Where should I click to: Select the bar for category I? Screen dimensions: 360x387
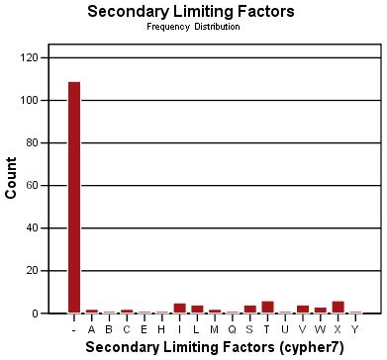(x=180, y=309)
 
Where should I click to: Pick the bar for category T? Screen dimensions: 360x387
(x=267, y=308)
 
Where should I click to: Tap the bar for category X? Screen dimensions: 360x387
(x=338, y=308)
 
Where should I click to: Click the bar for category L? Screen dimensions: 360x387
(x=197, y=310)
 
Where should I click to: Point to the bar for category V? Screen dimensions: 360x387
(x=303, y=310)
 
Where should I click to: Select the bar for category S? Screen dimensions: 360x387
(x=250, y=310)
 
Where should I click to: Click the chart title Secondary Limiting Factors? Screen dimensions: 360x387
(x=192, y=12)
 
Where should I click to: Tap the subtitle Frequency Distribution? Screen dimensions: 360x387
(x=192, y=27)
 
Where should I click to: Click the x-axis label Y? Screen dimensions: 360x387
(x=355, y=328)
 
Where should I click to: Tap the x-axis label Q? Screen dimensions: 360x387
(x=233, y=328)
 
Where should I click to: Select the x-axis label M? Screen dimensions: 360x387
(x=215, y=328)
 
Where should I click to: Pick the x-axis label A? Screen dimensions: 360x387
(x=92, y=328)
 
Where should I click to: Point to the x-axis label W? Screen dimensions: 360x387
(x=320, y=328)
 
